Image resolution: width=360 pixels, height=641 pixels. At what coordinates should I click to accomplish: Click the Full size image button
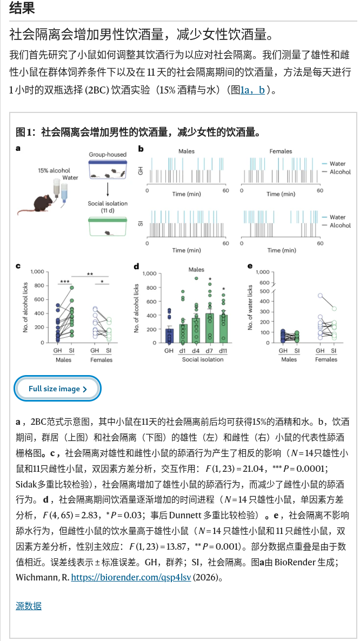coord(57,389)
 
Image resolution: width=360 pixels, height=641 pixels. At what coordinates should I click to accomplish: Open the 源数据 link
coord(29,605)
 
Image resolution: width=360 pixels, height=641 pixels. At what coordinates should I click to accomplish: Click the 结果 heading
coord(22,8)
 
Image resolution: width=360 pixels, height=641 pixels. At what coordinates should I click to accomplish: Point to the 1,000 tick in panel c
coord(37,271)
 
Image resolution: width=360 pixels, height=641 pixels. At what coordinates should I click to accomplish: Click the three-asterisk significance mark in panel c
coord(64,281)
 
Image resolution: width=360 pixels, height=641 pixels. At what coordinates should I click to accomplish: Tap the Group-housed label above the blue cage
coord(108,155)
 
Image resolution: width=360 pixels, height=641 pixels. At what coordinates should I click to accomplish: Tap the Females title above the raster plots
coord(281,151)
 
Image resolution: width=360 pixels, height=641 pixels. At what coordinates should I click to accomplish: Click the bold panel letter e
coord(250,266)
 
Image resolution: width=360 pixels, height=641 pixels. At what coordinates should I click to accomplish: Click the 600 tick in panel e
coord(264,283)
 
